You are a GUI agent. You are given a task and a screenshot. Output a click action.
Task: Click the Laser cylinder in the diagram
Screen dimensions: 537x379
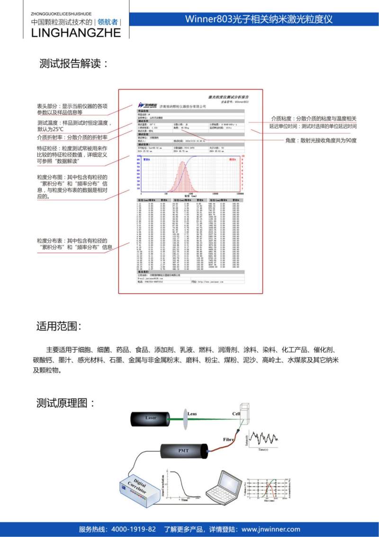151,419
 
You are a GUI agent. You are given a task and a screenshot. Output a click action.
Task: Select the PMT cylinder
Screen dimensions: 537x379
183,449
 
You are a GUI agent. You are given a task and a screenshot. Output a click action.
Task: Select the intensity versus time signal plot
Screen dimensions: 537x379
264,441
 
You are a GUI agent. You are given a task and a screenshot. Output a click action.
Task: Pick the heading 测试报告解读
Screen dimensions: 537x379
71,64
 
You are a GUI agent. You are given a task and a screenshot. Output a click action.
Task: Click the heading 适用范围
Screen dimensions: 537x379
59,326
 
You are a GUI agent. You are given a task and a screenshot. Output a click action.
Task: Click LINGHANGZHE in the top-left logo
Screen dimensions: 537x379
75,33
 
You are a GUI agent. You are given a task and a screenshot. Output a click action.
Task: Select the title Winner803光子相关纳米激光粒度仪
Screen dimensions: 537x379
259,19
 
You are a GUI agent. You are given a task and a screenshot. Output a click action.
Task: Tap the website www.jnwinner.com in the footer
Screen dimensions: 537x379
271,529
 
